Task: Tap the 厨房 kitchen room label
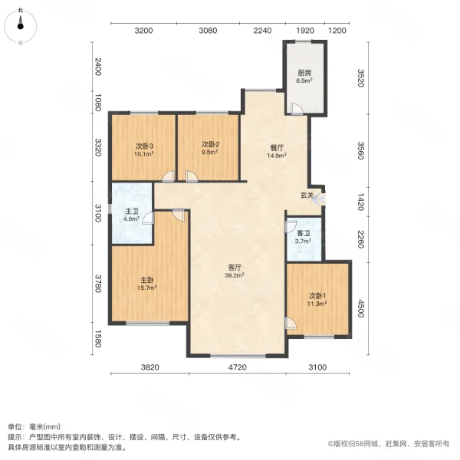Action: (304, 74)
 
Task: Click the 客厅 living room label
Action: (235, 268)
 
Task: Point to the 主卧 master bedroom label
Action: (146, 281)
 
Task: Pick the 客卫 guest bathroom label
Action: (303, 233)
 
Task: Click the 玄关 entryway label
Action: (307, 195)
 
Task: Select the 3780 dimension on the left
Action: (97, 284)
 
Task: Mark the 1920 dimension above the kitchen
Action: (305, 31)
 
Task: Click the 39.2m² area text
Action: (235, 276)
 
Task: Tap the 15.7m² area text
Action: (146, 289)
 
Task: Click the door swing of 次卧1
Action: (289, 323)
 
